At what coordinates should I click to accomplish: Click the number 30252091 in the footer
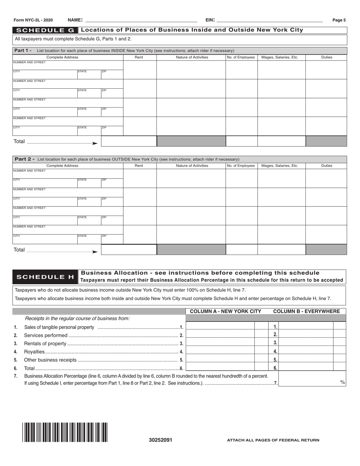[160, 440]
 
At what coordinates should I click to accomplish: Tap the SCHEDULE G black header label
[45, 30]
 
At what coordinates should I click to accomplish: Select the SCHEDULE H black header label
[45, 277]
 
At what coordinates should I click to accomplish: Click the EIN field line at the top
[269, 20]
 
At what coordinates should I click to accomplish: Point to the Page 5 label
[339, 20]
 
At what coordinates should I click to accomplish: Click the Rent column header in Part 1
[139, 57]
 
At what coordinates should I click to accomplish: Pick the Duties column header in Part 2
[326, 166]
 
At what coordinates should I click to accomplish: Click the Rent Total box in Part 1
[129, 141]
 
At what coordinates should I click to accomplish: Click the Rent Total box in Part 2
[129, 250]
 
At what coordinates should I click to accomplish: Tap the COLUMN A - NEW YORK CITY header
[225, 311]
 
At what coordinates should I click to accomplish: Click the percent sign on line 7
[342, 382]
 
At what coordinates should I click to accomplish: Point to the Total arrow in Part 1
[95, 143]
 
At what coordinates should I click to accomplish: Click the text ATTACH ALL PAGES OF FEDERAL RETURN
[273, 440]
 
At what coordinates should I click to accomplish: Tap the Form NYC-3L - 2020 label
[33, 20]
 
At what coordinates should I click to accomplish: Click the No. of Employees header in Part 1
[241, 57]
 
